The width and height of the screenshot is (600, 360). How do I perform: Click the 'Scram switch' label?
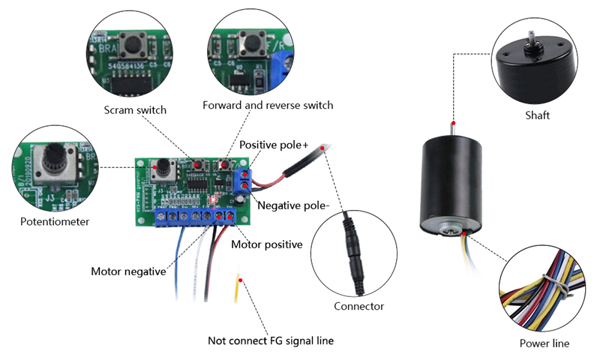point(135,110)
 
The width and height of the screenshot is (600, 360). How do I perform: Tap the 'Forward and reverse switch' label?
point(268,105)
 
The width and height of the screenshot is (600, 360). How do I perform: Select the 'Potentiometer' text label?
point(55,221)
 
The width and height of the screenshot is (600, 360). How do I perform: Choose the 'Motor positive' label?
point(266,244)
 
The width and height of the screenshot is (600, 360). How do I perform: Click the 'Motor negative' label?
point(128,271)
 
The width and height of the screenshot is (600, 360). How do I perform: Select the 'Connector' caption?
point(358,306)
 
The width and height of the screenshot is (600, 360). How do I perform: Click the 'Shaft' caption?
point(537,115)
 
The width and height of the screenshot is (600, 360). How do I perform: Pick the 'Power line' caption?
point(544,343)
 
